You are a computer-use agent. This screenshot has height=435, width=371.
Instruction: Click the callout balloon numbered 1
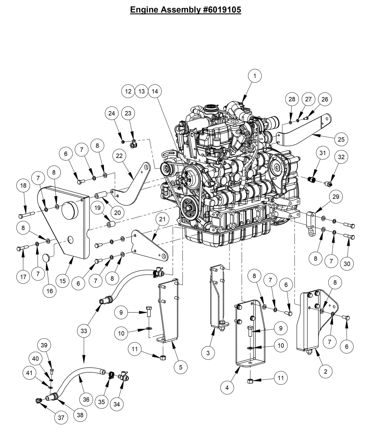tap(255, 76)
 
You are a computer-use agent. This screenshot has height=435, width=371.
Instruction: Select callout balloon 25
tap(341, 140)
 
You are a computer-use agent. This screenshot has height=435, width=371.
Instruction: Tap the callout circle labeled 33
tap(84, 331)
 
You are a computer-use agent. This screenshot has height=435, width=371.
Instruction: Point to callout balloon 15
tap(63, 281)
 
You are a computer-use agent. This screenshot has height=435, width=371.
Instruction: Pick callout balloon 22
tap(119, 156)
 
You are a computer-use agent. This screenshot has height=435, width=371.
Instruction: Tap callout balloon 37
tap(61, 418)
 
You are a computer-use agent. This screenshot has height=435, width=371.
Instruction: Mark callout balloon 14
tap(155, 91)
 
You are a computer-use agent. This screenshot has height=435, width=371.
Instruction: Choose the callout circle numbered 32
tap(341, 157)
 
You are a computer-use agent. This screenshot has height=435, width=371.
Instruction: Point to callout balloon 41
tap(30, 372)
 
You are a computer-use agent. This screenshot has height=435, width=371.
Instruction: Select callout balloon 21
tap(162, 219)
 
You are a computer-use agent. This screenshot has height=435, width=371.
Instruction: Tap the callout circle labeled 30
tap(347, 264)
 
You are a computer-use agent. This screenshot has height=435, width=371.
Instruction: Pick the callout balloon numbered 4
tap(227, 387)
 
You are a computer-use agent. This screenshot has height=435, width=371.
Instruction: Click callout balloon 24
tap(111, 113)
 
